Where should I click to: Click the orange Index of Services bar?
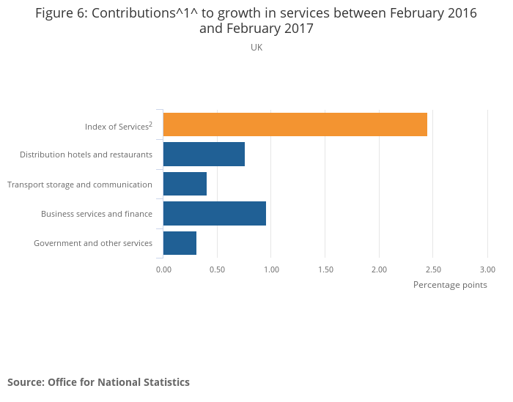(x=295, y=124)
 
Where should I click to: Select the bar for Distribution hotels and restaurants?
(x=204, y=155)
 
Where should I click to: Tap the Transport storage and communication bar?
(x=185, y=184)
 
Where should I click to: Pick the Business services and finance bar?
(x=214, y=213)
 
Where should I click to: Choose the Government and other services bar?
(x=180, y=242)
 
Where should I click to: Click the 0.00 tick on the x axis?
(x=163, y=269)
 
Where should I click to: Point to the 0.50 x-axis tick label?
(x=217, y=269)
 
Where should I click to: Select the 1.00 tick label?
(x=271, y=269)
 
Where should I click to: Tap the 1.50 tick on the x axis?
(x=325, y=269)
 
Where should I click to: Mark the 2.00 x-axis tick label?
(x=379, y=269)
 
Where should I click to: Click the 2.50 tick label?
(x=433, y=269)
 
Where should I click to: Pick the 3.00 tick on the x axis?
(x=487, y=269)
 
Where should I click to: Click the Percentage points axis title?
(x=450, y=285)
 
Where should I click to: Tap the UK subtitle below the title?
(x=256, y=48)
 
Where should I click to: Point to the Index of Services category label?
(x=118, y=127)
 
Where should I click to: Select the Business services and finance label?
(x=97, y=214)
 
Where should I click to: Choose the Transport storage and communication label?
(x=80, y=185)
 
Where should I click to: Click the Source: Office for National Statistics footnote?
(x=98, y=382)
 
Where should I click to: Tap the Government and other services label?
(x=93, y=243)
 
